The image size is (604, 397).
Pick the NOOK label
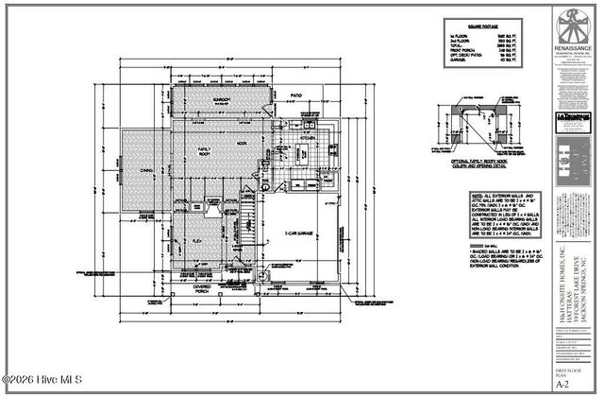click(x=242, y=143)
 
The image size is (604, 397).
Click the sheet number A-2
click(x=562, y=385)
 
